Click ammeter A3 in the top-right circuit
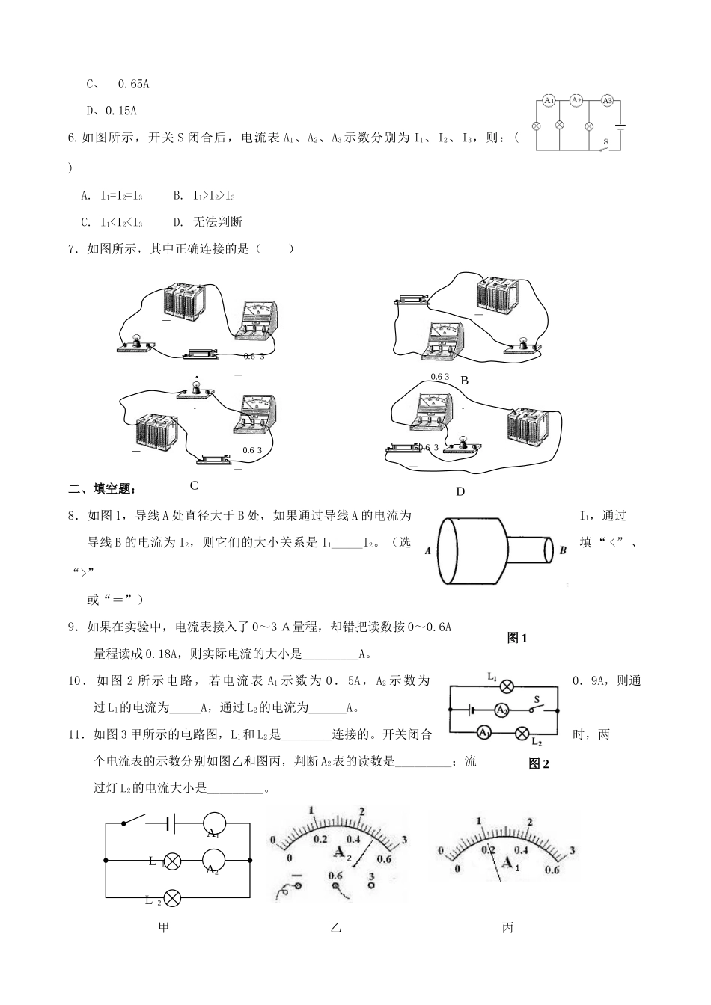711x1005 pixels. (x=608, y=100)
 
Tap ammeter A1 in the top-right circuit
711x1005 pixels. (x=549, y=100)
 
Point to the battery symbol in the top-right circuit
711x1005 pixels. (x=620, y=126)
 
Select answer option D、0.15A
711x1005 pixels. (x=112, y=111)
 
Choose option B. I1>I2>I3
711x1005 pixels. (x=204, y=196)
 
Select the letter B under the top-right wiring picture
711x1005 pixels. (x=464, y=381)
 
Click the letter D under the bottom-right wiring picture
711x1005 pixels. (x=460, y=491)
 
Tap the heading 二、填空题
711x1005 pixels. (x=103, y=489)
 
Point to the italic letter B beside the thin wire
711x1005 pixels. (x=563, y=550)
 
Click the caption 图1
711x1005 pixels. (x=517, y=638)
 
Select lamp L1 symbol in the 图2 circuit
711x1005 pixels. (x=507, y=686)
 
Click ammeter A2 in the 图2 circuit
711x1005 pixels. (x=502, y=710)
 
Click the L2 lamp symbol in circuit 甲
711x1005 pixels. (x=172, y=897)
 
